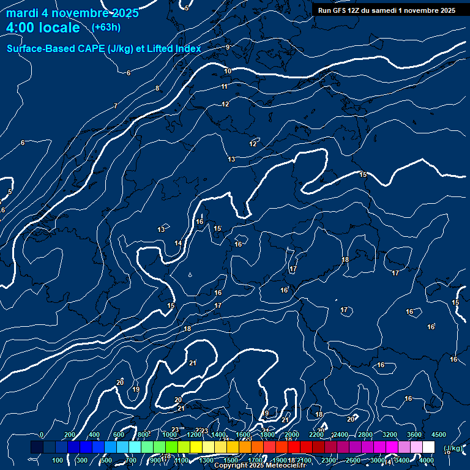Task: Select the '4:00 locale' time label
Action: point(43,28)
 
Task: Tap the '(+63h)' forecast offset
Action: point(106,28)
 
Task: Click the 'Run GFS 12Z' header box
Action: point(386,10)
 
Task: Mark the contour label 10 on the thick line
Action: point(228,72)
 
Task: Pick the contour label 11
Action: point(225,87)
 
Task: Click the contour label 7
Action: point(115,106)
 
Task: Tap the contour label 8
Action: point(157,89)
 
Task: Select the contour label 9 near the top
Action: point(228,47)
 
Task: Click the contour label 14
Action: point(178,244)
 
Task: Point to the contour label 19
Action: point(136,389)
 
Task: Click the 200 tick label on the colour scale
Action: point(69,435)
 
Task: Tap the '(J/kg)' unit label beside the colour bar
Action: point(453,448)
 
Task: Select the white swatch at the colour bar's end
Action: point(428,447)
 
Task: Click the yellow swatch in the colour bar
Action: point(196,447)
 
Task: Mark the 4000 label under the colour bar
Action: point(427,460)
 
